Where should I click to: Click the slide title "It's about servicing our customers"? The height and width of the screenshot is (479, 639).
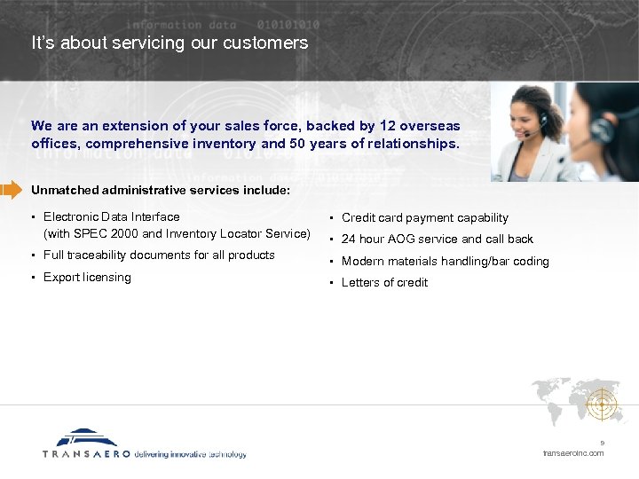170,43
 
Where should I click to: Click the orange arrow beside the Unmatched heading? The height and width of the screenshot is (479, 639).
11,189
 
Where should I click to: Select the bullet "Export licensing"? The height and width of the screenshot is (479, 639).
87,278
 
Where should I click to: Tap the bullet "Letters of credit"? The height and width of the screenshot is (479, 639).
384,283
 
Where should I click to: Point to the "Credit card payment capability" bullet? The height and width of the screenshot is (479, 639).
424,218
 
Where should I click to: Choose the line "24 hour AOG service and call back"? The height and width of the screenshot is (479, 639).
437,239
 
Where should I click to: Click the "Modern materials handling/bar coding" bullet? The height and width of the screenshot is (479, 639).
445,262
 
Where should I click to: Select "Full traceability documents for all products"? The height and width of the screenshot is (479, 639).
159,255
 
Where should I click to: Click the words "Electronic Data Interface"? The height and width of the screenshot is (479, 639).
111,217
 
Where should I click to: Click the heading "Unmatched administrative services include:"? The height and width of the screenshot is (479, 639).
160,190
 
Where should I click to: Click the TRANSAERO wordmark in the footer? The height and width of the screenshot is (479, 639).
86,454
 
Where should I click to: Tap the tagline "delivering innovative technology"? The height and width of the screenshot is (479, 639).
190,454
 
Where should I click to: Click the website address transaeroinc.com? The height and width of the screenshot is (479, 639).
573,453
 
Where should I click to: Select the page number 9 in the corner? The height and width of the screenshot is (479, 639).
602,444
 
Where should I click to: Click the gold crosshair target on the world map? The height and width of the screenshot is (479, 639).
605,405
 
